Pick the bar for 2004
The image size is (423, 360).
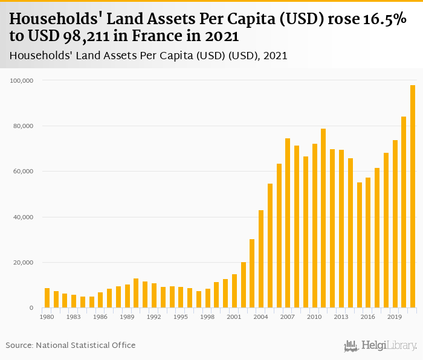click(x=261, y=259)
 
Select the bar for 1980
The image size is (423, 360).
click(x=47, y=298)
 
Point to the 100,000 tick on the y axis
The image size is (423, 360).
click(x=23, y=80)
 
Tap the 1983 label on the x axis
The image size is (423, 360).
click(x=74, y=317)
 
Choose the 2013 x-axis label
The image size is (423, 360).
click(x=341, y=317)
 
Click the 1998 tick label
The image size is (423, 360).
click(x=207, y=317)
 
